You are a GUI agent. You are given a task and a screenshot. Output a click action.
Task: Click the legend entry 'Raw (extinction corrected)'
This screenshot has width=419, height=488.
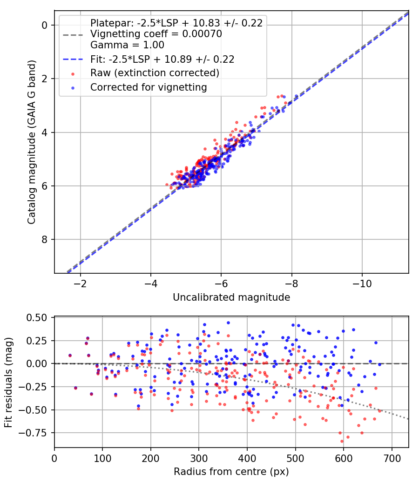pyautogui.click(x=155, y=73)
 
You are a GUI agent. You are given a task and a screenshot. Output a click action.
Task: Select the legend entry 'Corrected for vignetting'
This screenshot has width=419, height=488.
pyautogui.click(x=149, y=87)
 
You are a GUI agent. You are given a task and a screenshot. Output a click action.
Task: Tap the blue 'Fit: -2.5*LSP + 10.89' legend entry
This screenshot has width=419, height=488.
pyautogui.click(x=162, y=59)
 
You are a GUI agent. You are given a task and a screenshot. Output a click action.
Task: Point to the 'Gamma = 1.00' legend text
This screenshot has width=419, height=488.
pyautogui.click(x=127, y=45)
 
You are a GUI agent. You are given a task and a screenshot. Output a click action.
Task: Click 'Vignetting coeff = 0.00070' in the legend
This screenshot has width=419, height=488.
pyautogui.click(x=156, y=34)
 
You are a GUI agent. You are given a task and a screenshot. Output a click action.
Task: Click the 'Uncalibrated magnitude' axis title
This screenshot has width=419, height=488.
pyautogui.click(x=231, y=297)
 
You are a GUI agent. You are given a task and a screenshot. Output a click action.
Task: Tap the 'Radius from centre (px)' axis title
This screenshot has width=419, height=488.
pyautogui.click(x=231, y=472)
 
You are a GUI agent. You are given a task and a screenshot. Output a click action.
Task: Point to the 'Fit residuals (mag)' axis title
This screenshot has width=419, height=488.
pyautogui.click(x=8, y=382)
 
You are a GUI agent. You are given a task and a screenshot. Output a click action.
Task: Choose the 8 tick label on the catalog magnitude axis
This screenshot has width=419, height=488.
pyautogui.click(x=45, y=240)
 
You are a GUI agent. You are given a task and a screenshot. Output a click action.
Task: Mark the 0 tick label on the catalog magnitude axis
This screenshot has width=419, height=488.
pyautogui.click(x=45, y=25)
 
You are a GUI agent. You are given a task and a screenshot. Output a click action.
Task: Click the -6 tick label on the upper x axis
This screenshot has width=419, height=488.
pyautogui.click(x=221, y=283)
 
